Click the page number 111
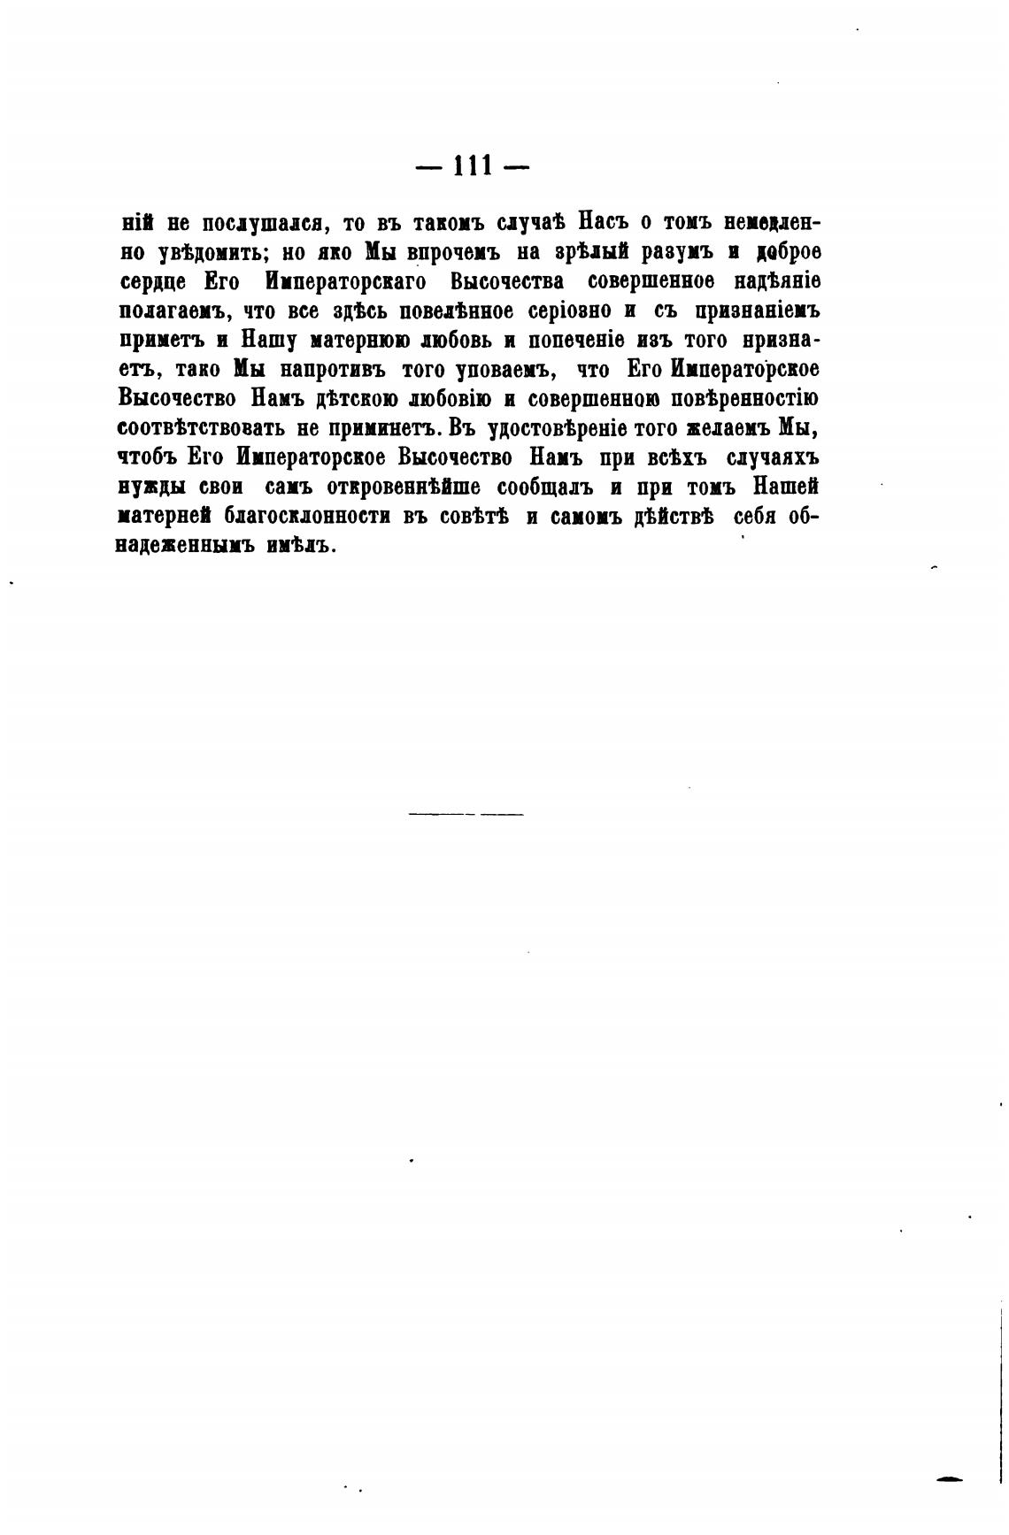[472, 167]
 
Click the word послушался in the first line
[260, 223]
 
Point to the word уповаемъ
[479, 370]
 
